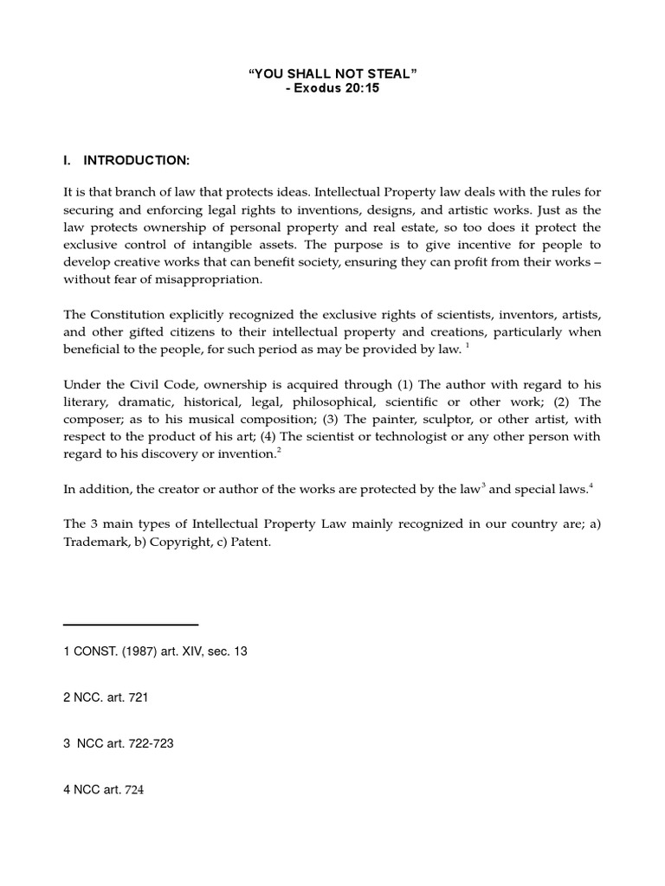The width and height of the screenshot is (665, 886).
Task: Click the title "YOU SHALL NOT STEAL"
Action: click(332, 75)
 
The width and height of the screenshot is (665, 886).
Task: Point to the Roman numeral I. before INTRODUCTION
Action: click(68, 161)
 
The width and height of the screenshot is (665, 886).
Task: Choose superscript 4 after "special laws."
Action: click(591, 485)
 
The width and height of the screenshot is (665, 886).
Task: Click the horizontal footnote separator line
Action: click(131, 624)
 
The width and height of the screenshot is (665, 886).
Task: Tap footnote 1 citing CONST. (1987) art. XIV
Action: click(156, 652)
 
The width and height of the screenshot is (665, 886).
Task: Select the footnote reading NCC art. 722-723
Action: click(119, 744)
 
